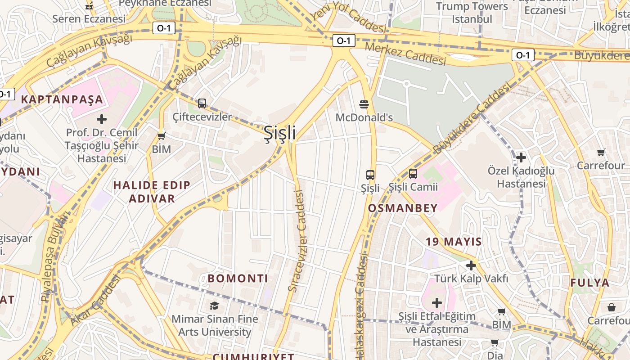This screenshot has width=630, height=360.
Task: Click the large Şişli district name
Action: click(279, 133)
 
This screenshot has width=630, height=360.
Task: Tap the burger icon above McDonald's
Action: click(364, 104)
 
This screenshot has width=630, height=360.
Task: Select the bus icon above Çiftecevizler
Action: click(202, 103)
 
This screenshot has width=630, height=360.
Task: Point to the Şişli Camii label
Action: click(413, 187)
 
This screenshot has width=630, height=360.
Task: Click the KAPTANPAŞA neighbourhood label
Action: click(62, 99)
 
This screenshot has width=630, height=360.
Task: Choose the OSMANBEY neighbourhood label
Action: click(403, 208)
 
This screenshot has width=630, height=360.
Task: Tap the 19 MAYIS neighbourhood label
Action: click(454, 242)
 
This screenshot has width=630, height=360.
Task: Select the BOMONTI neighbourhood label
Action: click(238, 279)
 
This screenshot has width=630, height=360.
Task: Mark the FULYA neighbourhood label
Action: click(590, 283)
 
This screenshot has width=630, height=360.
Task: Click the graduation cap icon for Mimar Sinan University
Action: click(214, 306)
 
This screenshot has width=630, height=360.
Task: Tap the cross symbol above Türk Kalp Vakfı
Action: click(471, 265)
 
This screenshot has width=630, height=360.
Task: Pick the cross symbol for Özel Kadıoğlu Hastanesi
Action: click(521, 157)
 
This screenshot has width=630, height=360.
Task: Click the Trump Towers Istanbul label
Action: click(472, 13)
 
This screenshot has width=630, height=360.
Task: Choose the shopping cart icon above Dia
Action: click(495, 343)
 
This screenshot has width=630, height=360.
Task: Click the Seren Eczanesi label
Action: click(89, 19)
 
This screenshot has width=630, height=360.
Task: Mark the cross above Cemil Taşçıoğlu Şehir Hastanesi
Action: click(102, 119)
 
